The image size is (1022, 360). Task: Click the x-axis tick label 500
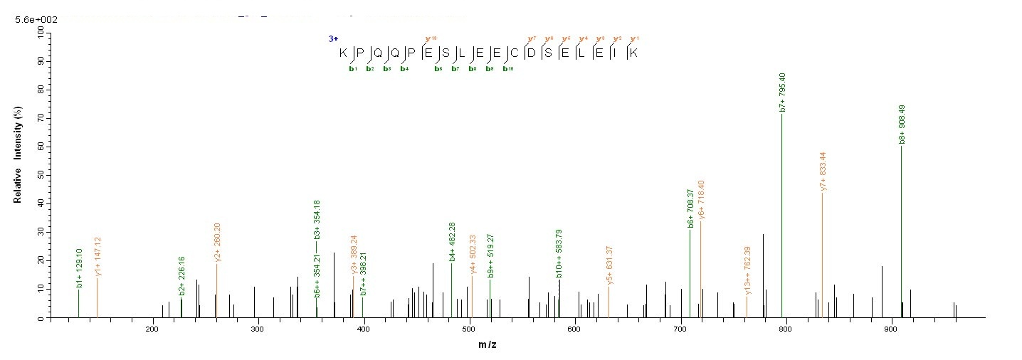470,329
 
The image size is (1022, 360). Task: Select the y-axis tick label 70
39,118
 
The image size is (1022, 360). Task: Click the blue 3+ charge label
333,38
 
